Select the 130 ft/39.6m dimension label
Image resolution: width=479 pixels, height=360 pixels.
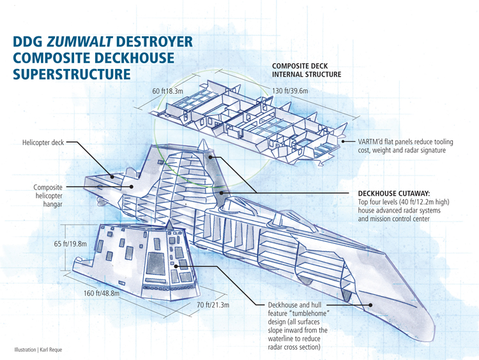click(291, 91)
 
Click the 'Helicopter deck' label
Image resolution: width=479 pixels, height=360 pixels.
click(42, 143)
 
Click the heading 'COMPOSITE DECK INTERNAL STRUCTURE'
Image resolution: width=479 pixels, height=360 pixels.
click(306, 70)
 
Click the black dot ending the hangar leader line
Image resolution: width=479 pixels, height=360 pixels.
click(131, 187)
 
